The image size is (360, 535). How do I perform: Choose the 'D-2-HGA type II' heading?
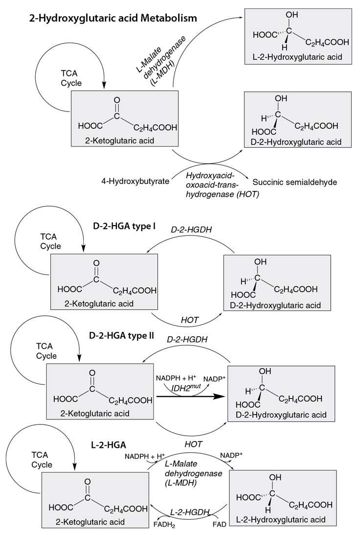[122, 336]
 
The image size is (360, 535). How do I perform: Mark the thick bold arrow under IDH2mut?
[191, 397]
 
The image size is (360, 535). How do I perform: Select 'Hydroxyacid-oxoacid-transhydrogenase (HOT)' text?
[208, 182]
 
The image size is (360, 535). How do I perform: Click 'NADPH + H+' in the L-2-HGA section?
[144, 456]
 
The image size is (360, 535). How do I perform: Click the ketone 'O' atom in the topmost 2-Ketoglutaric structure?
[116, 100]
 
